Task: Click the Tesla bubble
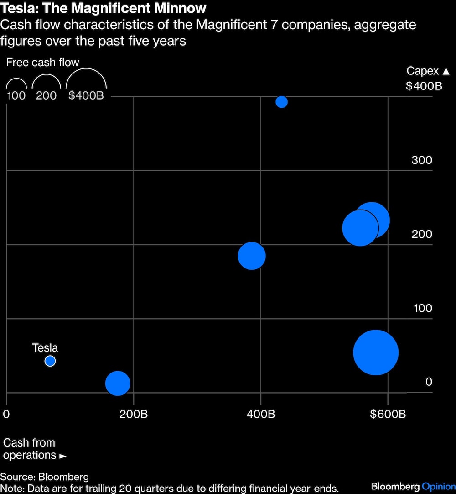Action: (50, 361)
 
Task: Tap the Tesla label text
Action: (45, 348)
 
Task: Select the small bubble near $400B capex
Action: (282, 102)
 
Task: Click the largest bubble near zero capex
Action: (376, 352)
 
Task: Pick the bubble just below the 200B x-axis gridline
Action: (118, 383)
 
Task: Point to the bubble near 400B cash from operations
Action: (252, 256)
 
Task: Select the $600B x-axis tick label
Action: (388, 414)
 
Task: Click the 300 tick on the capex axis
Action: (421, 160)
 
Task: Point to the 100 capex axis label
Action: (423, 308)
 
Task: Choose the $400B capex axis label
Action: (424, 85)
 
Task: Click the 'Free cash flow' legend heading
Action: (43, 63)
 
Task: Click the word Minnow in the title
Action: (176, 8)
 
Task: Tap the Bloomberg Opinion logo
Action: (413, 486)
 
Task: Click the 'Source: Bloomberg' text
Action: (45, 477)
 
